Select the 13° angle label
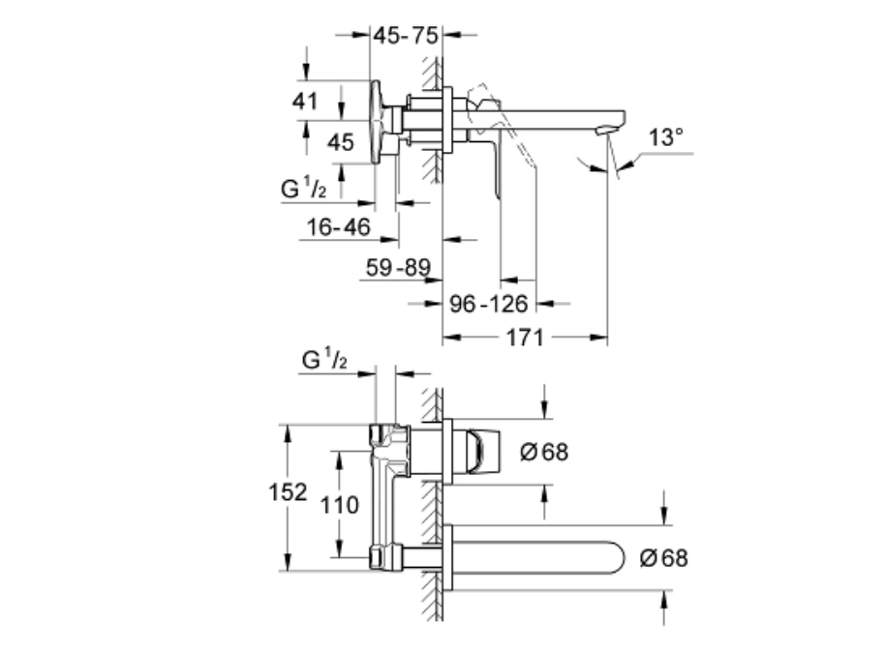click(665, 137)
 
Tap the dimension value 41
click(307, 100)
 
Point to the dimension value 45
click(340, 142)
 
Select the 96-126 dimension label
click(490, 305)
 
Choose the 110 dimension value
click(340, 504)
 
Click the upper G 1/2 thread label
click(304, 188)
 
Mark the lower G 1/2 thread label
click(324, 360)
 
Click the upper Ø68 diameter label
click(543, 451)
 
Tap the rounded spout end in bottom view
click(617, 558)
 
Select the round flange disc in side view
click(378, 121)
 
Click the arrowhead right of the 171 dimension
click(600, 338)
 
